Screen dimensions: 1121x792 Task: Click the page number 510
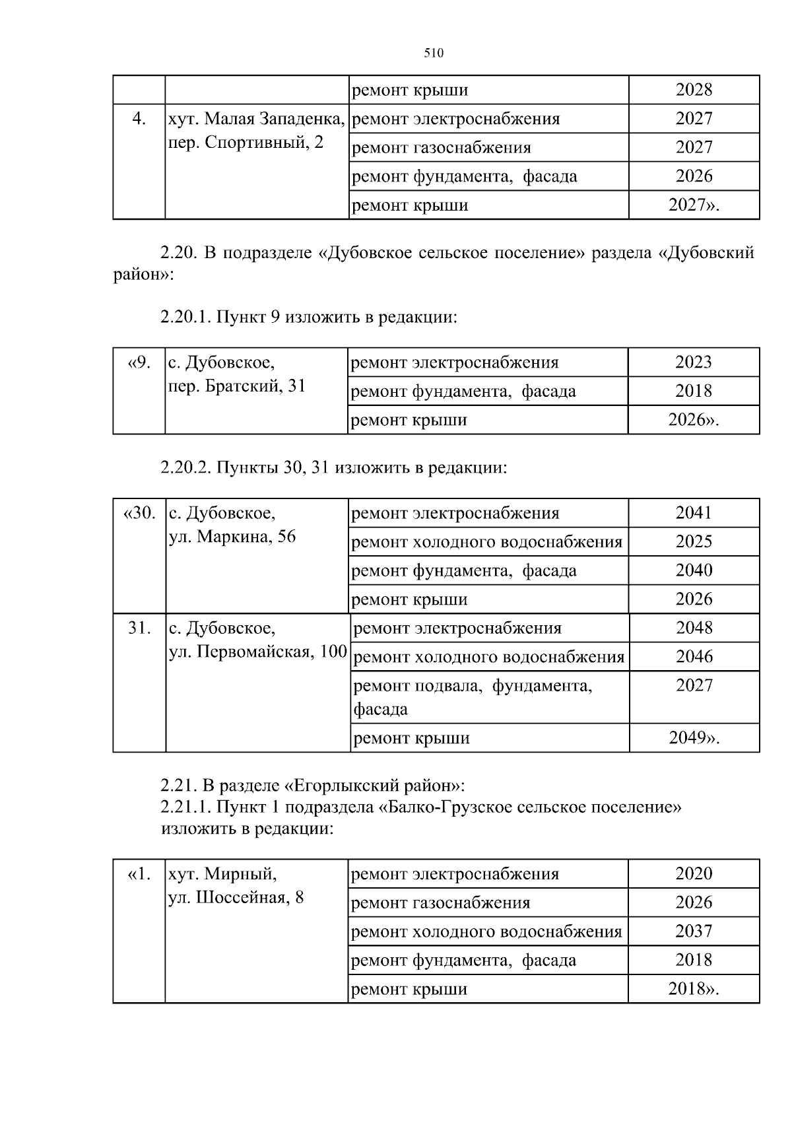[433, 53]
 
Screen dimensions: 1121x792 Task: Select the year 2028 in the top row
[694, 90]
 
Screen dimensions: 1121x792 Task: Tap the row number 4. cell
[139, 119]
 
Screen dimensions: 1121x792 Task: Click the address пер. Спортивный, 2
[246, 143]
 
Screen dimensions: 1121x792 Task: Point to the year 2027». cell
[694, 205]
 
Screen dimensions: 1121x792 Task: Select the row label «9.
[139, 362]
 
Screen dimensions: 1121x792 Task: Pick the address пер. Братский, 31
[238, 386]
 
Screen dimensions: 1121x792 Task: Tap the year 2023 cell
[694, 362]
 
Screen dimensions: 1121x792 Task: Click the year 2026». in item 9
[694, 420]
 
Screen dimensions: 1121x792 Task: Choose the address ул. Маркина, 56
[232, 537]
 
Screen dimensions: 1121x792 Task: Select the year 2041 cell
[694, 513]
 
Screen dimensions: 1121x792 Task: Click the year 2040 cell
[694, 570]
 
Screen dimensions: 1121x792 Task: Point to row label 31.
[139, 628]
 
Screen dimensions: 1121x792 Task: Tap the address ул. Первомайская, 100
[258, 652]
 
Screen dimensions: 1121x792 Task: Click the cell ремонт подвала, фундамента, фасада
[473, 697]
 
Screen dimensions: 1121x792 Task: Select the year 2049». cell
[694, 738]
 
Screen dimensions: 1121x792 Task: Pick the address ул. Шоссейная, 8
[236, 898]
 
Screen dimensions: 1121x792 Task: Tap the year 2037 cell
[694, 932]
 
